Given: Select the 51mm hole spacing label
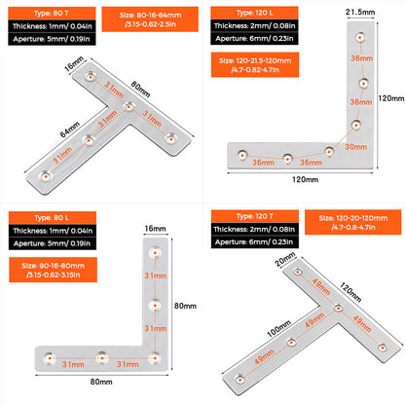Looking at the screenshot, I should [61, 157].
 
